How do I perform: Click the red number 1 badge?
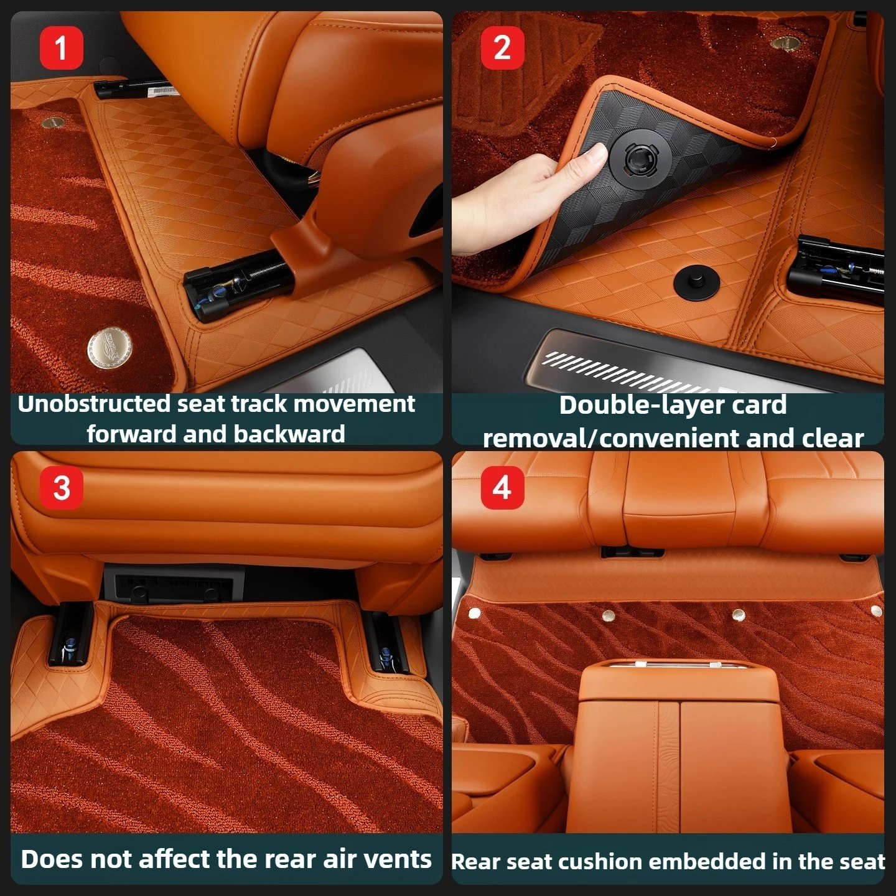pyautogui.click(x=62, y=48)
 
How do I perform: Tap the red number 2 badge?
pyautogui.click(x=503, y=48)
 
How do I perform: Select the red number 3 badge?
pyautogui.click(x=62, y=488)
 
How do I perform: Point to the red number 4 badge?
pyautogui.click(x=503, y=488)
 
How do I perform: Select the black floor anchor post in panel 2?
pyautogui.click(x=696, y=282)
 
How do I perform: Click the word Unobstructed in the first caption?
pyautogui.click(x=95, y=404)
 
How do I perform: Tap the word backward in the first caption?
pyautogui.click(x=289, y=434)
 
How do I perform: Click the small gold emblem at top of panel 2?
pyautogui.click(x=785, y=43)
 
